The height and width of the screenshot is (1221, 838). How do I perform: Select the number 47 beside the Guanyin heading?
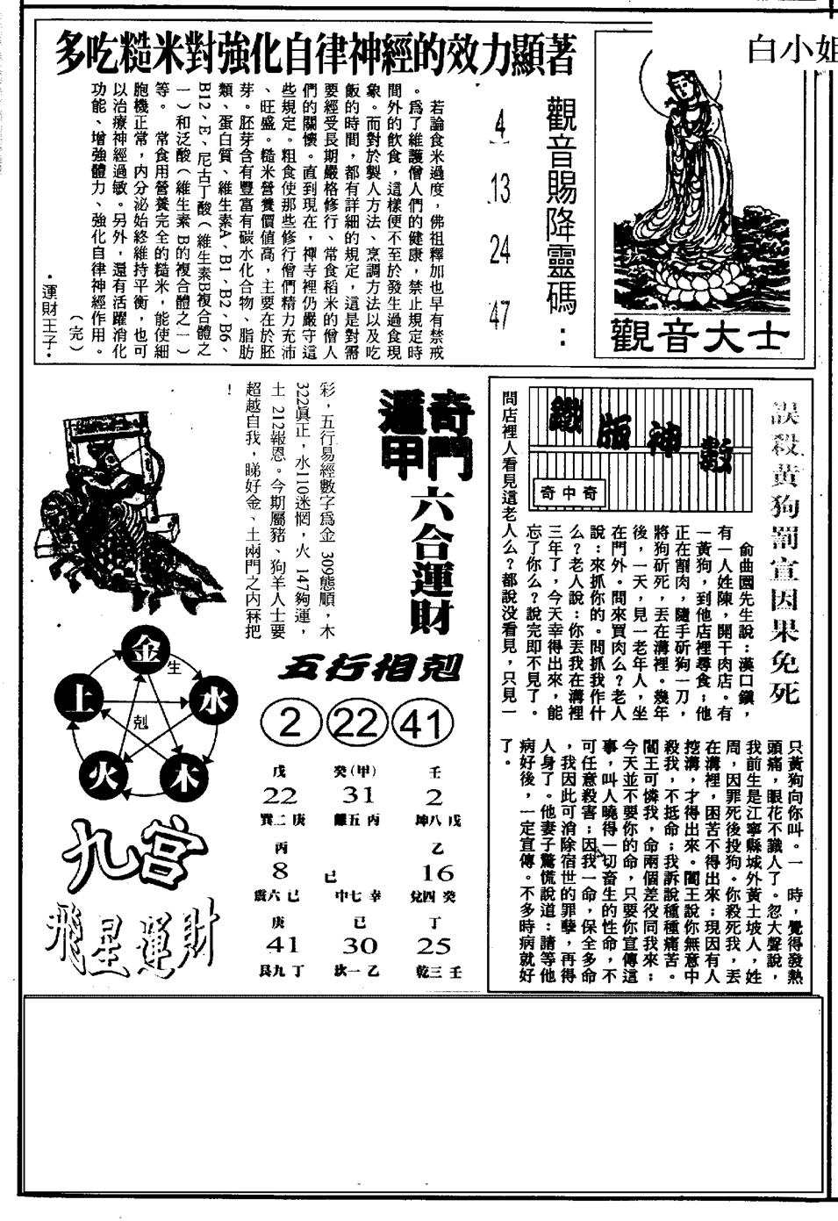[500, 315]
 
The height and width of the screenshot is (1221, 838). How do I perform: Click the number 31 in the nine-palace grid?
[359, 794]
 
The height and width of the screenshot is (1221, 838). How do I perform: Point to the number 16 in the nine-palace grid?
[436, 872]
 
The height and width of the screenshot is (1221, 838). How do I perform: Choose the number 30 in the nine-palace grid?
[359, 945]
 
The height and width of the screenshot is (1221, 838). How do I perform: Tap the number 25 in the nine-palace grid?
[434, 945]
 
